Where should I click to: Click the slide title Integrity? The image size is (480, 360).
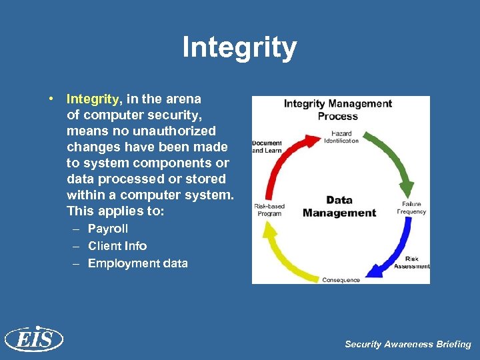[239, 48]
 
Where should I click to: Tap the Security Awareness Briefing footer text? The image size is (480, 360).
[407, 344]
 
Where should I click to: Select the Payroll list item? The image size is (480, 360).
[108, 229]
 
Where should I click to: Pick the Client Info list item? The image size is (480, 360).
[117, 246]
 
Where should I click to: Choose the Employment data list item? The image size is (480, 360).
[137, 263]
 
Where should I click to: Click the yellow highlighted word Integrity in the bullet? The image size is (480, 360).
[93, 99]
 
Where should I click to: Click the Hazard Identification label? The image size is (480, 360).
[341, 137]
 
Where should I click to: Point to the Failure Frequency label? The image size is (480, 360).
[411, 208]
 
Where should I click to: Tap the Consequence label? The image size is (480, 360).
[341, 280]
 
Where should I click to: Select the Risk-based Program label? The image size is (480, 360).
[269, 210]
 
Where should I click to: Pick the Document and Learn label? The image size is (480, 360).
[267, 147]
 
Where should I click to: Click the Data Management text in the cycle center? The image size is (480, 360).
[339, 207]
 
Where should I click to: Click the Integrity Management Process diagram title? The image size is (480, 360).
[338, 109]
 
